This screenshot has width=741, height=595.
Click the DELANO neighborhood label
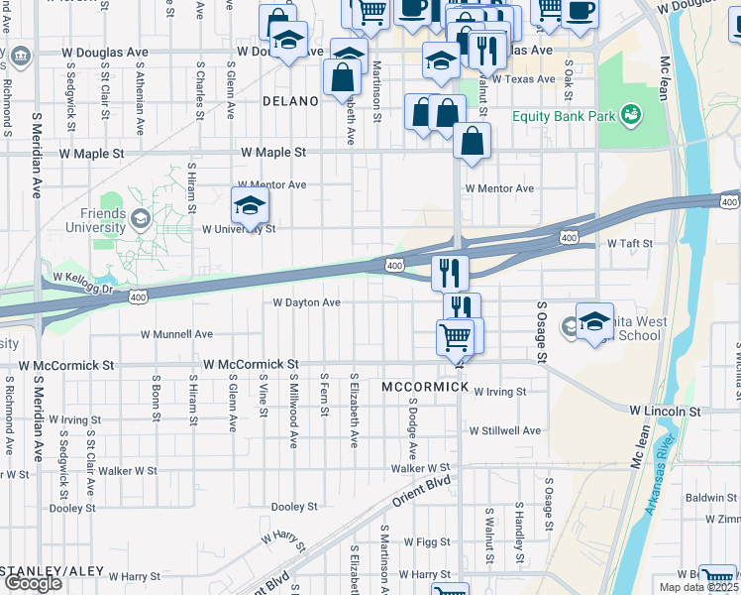[291, 101]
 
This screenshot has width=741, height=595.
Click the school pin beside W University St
[251, 206]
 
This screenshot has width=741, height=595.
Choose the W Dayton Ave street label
[306, 302]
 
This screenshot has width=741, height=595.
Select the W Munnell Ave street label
[176, 335]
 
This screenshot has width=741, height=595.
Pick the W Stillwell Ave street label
[505, 430]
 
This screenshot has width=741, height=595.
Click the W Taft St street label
[630, 243]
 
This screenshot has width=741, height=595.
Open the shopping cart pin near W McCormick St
[455, 337]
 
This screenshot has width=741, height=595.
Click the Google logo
[33, 583]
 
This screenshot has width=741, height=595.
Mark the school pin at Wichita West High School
[594, 322]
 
